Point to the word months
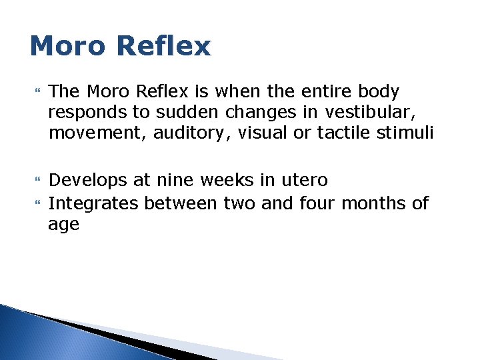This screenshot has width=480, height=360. click(x=373, y=203)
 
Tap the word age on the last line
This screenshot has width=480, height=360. click(x=63, y=225)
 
